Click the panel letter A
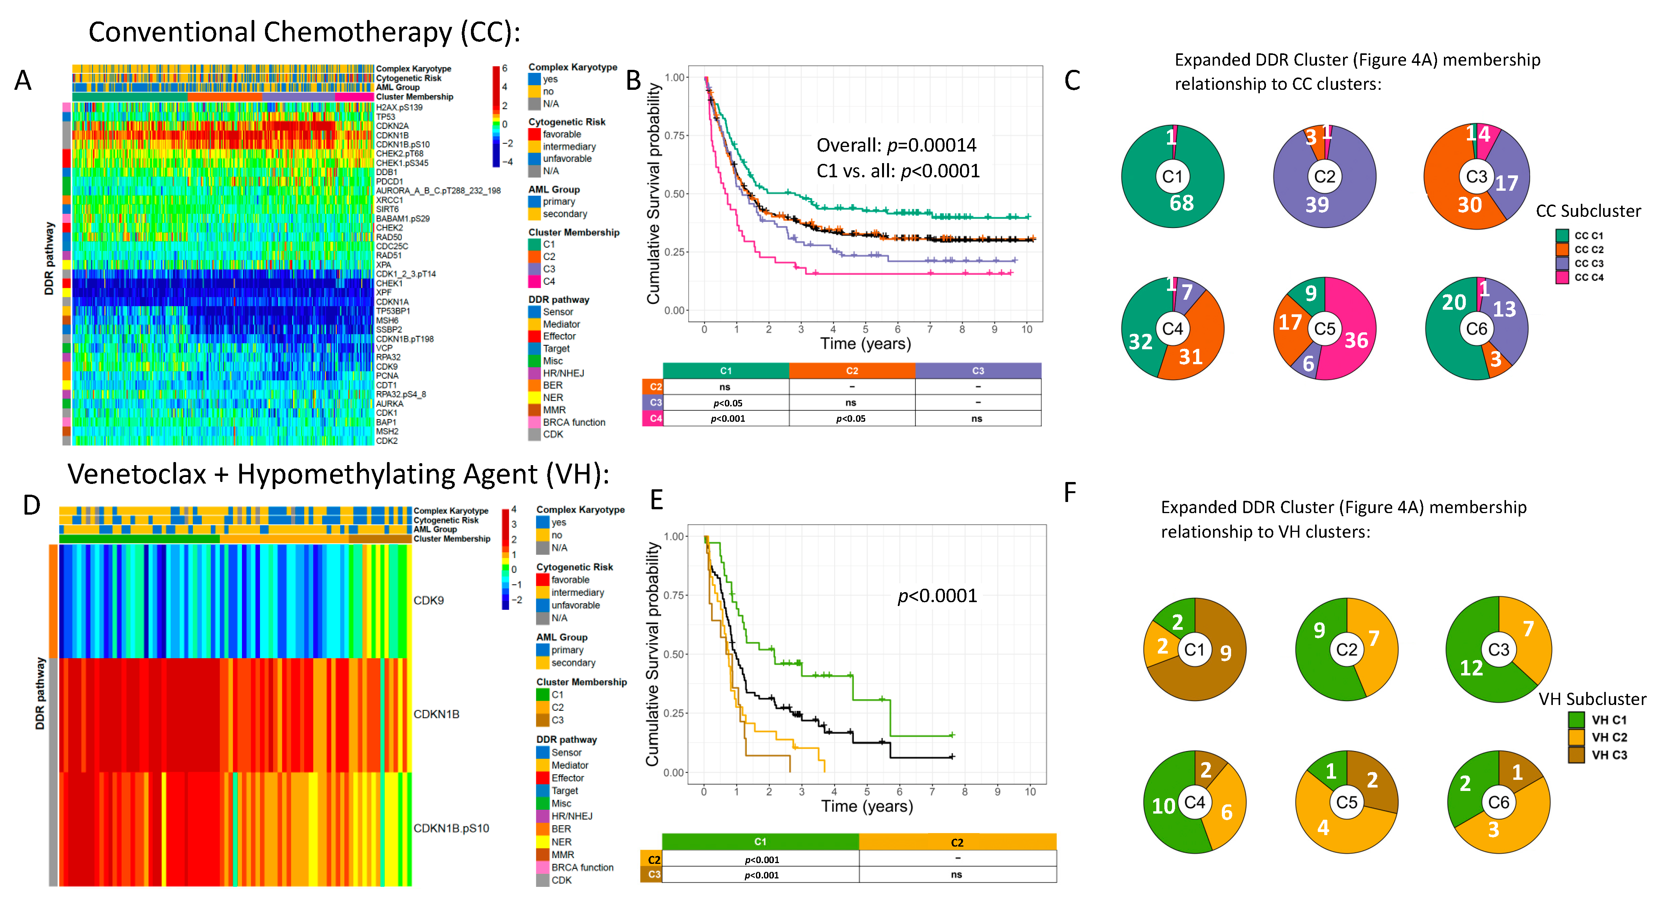point(23,81)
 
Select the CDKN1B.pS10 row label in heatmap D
point(451,828)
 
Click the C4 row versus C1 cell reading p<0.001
point(727,419)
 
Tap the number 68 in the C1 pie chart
point(1181,203)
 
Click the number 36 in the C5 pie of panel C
point(1356,340)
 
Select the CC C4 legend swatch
point(1562,277)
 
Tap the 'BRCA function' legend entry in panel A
point(573,423)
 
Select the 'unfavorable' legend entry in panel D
point(575,605)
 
